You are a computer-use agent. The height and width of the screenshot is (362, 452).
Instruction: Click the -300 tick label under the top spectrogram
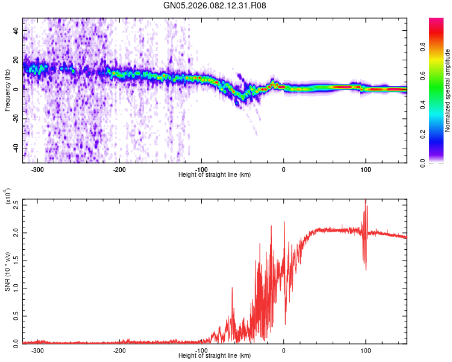pos(37,169)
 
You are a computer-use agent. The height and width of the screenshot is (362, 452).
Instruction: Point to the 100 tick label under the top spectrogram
pos(365,169)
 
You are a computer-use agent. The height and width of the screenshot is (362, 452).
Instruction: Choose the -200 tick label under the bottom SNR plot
pos(119,349)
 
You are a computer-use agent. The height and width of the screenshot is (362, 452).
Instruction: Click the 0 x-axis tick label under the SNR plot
pos(284,349)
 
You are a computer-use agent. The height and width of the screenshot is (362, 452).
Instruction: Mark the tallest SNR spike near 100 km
pos(365,201)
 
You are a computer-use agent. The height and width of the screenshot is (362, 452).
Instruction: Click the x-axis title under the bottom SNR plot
pos(215,355)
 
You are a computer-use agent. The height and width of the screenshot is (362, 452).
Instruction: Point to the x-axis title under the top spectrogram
pos(215,175)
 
